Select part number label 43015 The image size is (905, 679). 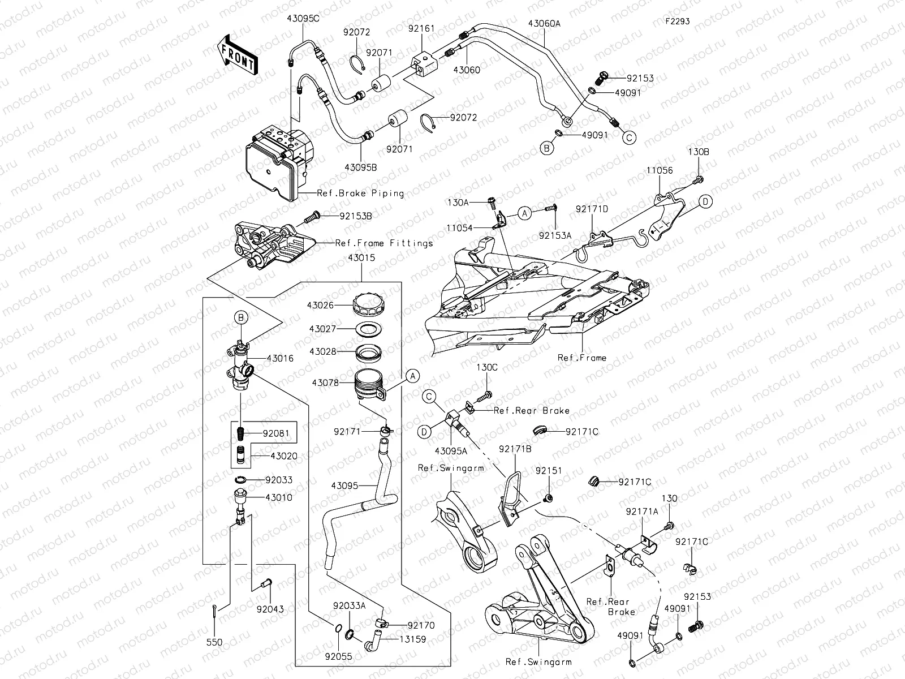pyautogui.click(x=361, y=257)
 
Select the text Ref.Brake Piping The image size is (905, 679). pyautogui.click(x=360, y=194)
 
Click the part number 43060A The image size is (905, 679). pyautogui.click(x=544, y=24)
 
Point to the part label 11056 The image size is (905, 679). pyautogui.click(x=660, y=170)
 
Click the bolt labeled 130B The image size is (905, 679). pyautogui.click(x=699, y=180)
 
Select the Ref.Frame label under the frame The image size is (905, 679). pyautogui.click(x=581, y=358)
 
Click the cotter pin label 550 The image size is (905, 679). pyautogui.click(x=214, y=642)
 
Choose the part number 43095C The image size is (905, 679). pyautogui.click(x=303, y=18)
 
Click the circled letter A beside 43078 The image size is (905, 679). pyautogui.click(x=412, y=376)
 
